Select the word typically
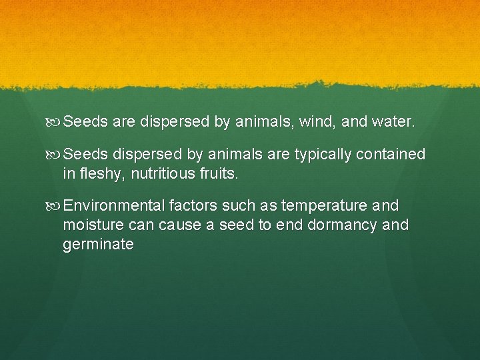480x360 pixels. [320, 155]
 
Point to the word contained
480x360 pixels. [391, 155]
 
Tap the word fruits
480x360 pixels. [217, 175]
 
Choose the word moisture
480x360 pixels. [92, 225]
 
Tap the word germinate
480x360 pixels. [98, 245]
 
